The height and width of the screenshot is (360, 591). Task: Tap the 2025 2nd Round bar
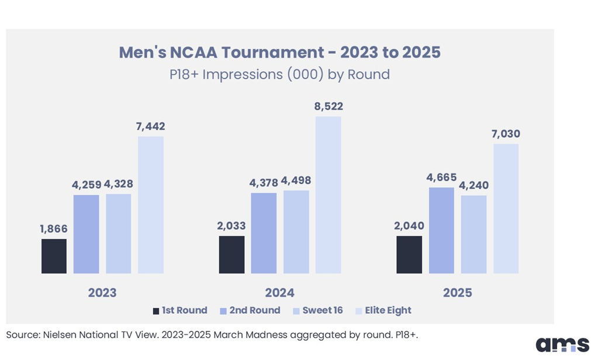coord(441,230)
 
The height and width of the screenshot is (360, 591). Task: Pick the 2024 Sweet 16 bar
coord(296,231)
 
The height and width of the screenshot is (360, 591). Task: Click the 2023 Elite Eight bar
coord(151,205)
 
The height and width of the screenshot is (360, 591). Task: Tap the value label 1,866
coord(54,229)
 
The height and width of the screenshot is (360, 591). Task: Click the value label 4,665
coord(441,178)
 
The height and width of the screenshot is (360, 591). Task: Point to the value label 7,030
coord(505,134)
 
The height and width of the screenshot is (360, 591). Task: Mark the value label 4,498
coord(296,181)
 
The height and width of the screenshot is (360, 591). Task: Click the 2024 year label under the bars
coord(280,293)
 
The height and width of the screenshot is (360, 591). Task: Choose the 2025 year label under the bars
coord(457,293)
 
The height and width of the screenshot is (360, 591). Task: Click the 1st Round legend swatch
coord(155,311)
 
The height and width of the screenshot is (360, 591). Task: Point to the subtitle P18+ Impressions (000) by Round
coord(280,74)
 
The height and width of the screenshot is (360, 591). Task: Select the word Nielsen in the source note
coord(57,334)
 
